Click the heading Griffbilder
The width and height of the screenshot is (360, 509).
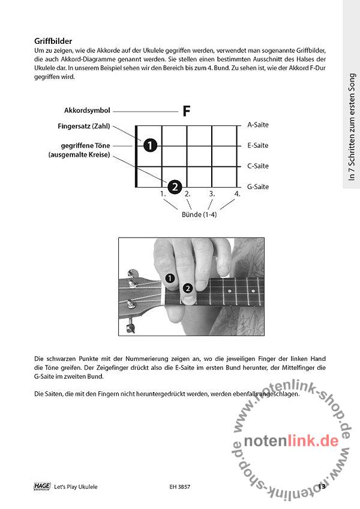[54, 41]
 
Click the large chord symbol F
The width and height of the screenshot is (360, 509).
[187, 111]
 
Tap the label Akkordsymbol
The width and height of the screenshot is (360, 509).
[87, 111]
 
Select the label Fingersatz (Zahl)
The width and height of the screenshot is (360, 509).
[83, 127]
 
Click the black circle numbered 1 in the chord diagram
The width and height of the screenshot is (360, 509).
[150, 145]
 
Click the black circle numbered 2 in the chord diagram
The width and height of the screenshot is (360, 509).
[174, 187]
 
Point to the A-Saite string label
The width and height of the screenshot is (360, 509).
[257, 125]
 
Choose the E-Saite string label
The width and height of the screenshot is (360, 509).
[257, 145]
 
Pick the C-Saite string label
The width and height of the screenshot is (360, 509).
[257, 166]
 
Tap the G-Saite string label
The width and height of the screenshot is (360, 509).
[257, 187]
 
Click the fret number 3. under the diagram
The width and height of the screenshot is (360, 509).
[212, 194]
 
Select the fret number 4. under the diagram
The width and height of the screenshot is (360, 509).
[237, 194]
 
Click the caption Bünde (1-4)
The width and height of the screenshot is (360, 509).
[199, 214]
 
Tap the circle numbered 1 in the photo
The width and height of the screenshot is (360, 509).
[170, 278]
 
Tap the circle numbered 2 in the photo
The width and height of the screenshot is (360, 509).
[188, 288]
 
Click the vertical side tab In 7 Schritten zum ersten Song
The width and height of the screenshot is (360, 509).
[352, 126]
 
